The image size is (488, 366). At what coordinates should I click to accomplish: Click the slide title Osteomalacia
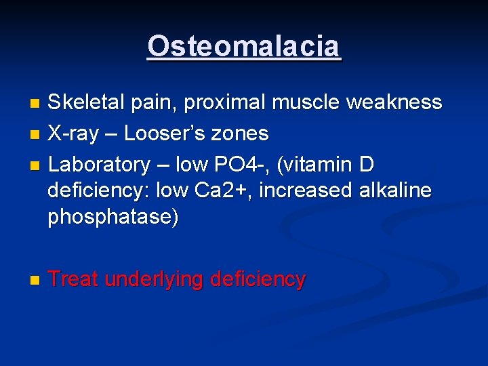(244, 47)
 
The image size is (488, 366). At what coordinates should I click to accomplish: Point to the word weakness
(394, 103)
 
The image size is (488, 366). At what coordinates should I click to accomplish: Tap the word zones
(243, 134)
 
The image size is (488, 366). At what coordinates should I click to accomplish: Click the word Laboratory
(99, 164)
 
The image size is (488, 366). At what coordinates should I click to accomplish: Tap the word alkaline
(394, 191)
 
